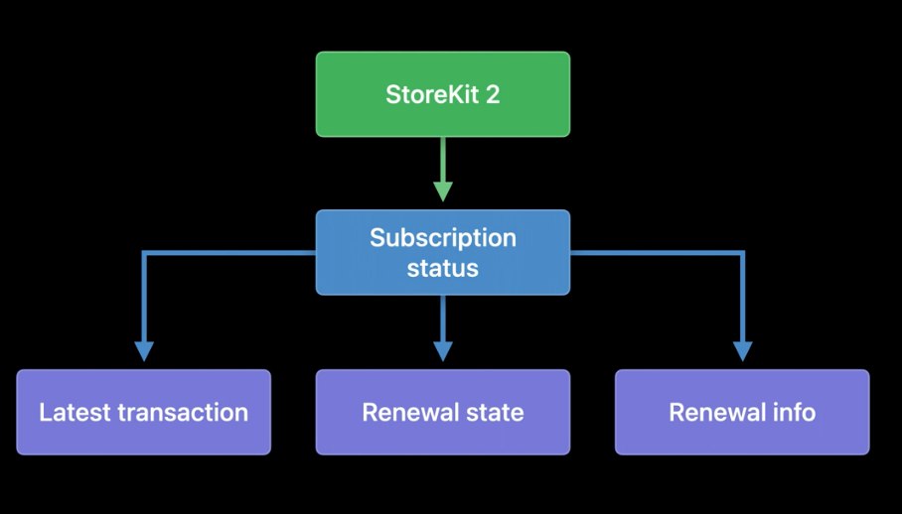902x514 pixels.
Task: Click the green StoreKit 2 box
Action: click(443, 94)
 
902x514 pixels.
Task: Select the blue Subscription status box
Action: click(443, 252)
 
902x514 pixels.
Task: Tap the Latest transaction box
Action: click(144, 412)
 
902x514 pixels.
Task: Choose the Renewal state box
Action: click(443, 412)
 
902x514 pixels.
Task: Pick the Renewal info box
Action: click(742, 412)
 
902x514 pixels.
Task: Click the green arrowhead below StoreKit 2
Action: click(443, 191)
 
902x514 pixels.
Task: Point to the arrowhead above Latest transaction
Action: click(144, 350)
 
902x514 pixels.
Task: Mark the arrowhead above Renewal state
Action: click(443, 350)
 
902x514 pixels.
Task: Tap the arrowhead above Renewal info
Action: click(742, 350)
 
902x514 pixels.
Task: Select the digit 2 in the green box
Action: click(493, 95)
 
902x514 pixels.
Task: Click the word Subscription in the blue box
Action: click(443, 238)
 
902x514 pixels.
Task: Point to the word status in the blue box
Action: click(443, 268)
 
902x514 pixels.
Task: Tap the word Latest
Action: click(72, 413)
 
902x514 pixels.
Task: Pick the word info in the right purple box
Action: click(794, 413)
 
